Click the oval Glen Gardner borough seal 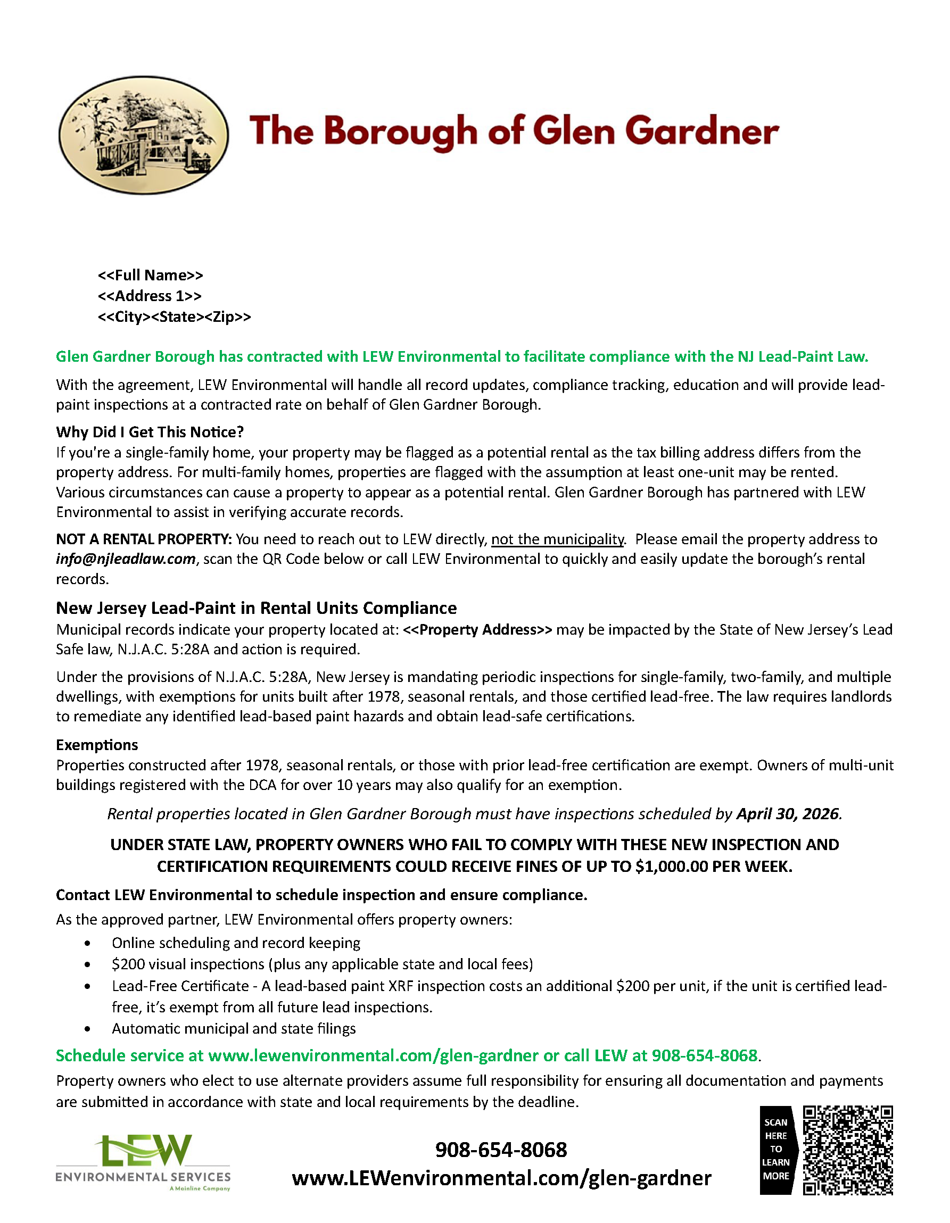[x=143, y=135]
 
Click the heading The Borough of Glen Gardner [x=514, y=131]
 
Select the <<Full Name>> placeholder [x=150, y=275]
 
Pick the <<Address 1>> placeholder [x=150, y=296]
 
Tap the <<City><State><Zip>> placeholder [x=174, y=317]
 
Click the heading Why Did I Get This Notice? [x=150, y=432]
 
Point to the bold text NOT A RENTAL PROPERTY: [x=143, y=539]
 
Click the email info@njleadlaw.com [x=126, y=559]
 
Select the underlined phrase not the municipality [x=557, y=539]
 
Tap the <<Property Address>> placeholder [x=477, y=629]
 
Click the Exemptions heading [x=97, y=745]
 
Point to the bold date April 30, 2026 [x=788, y=814]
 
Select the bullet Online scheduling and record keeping [x=236, y=943]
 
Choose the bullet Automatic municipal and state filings [x=234, y=1028]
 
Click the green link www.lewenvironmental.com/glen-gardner [x=373, y=1055]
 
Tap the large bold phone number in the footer [x=501, y=1150]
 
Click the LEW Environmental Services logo [x=143, y=1162]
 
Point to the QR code [x=847, y=1150]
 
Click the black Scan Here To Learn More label [x=776, y=1150]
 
